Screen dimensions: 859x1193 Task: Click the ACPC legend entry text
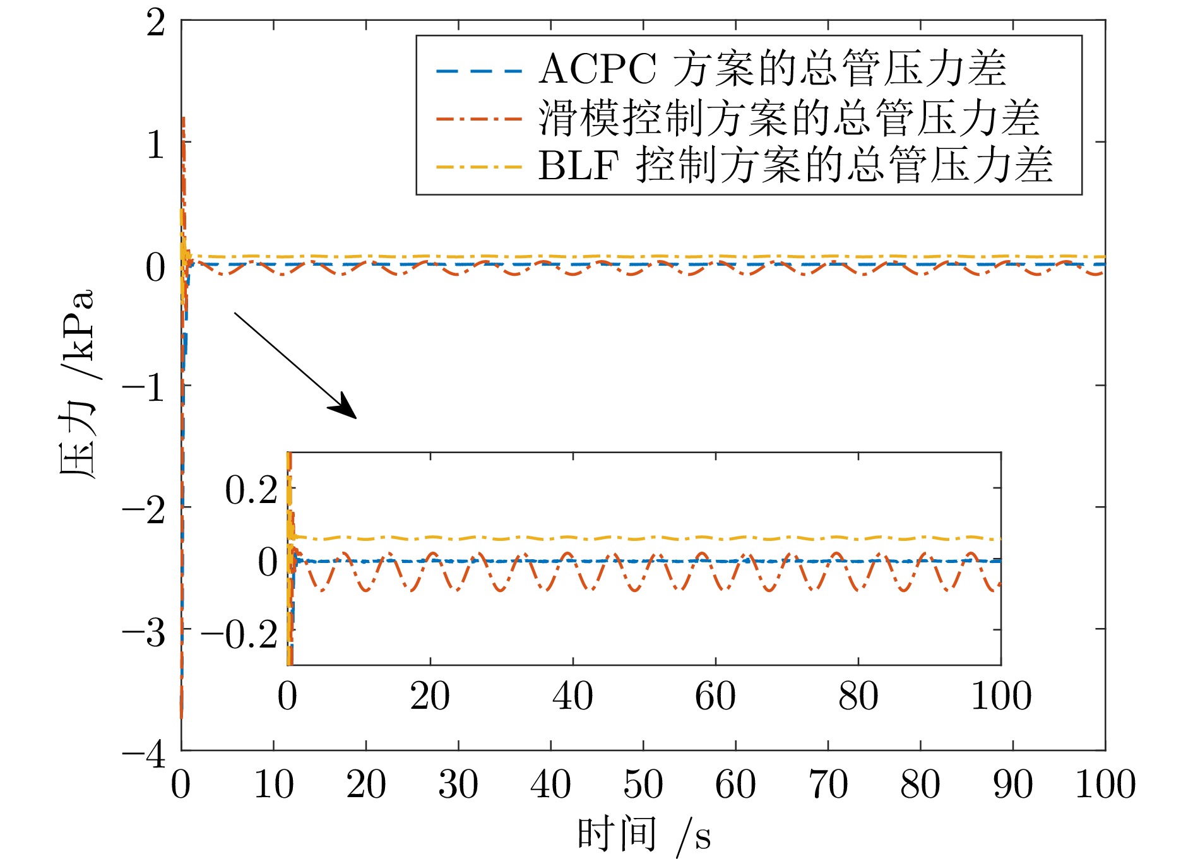[772, 69]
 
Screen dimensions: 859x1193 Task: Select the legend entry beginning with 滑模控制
[788, 118]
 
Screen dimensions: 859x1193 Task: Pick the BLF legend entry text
[795, 166]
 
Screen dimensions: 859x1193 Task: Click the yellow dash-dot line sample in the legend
[479, 167]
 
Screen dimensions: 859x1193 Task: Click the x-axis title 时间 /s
[644, 835]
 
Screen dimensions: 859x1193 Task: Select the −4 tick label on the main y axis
[144, 754]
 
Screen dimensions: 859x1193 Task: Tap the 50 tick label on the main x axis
[643, 785]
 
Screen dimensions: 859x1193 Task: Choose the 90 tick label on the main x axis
[1012, 785]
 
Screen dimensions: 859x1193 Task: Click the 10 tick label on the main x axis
[273, 785]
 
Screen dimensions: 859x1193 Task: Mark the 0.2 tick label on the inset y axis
[251, 490]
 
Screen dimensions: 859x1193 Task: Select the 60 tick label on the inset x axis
[715, 697]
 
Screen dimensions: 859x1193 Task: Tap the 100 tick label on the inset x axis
[1000, 697]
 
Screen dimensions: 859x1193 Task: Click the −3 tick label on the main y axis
[144, 632]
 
